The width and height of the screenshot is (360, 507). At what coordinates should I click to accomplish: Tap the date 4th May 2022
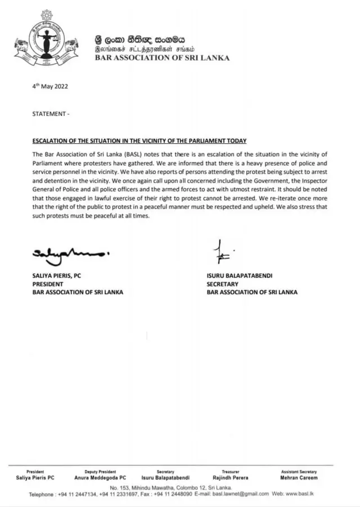50,87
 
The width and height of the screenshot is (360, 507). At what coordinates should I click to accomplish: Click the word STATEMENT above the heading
49,114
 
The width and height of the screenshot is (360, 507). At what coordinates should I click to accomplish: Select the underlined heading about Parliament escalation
139,141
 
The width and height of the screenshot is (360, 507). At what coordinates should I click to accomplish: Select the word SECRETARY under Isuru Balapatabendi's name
223,284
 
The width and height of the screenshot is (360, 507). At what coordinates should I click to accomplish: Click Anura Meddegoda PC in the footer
100,478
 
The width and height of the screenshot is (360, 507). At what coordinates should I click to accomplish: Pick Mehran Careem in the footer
299,478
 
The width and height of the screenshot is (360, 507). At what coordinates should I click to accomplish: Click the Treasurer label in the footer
231,472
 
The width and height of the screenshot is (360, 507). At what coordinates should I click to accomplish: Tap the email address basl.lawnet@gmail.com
240,494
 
